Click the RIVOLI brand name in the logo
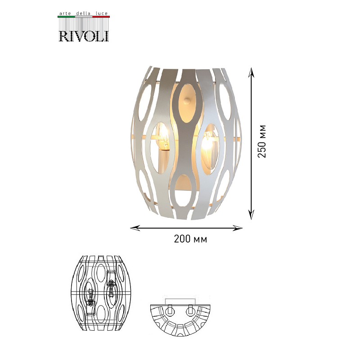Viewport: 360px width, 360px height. pos(84,36)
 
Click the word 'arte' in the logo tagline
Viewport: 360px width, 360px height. pos(64,13)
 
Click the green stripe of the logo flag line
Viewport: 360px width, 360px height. pos(66,17)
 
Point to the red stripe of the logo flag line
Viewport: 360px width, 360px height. pos(101,17)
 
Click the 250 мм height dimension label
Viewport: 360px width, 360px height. pos(262,141)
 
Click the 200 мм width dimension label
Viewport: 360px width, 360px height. pos(190,239)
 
